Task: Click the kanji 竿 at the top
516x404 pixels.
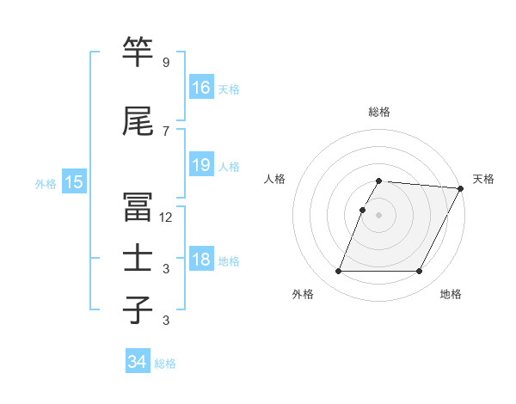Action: pyautogui.click(x=138, y=52)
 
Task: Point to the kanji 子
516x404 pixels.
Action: pyautogui.click(x=138, y=309)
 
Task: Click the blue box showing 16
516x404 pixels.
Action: pyautogui.click(x=201, y=88)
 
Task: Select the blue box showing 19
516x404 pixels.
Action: pyautogui.click(x=201, y=165)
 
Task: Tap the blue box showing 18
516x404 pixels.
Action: pyautogui.click(x=201, y=260)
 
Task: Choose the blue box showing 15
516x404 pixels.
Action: pyautogui.click(x=74, y=181)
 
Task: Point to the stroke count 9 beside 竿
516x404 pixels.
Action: pyautogui.click(x=166, y=63)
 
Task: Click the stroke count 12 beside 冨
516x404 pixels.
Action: pyautogui.click(x=166, y=217)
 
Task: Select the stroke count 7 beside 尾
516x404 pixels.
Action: pyautogui.click(x=166, y=132)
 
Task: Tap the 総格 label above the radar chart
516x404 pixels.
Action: pyautogui.click(x=379, y=112)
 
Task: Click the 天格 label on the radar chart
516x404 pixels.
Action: pyautogui.click(x=483, y=179)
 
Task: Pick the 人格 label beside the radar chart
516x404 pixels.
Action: pyautogui.click(x=275, y=179)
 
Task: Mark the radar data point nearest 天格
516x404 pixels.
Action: pyautogui.click(x=461, y=188)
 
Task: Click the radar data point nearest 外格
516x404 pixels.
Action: pyautogui.click(x=338, y=272)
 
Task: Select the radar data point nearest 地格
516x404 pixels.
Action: pyautogui.click(x=420, y=272)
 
